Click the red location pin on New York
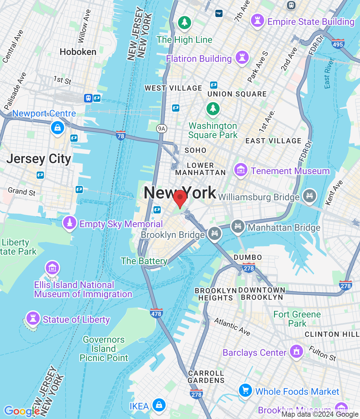[180, 198]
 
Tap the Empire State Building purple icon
[257, 21]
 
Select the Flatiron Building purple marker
[242, 58]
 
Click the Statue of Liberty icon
[33, 318]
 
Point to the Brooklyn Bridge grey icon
[215, 234]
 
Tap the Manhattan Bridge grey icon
[238, 227]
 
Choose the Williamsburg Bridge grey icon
[309, 196]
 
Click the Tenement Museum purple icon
[241, 170]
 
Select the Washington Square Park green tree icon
[213, 108]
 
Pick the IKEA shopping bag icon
[159, 405]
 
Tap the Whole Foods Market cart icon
[245, 390]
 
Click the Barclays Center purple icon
[297, 352]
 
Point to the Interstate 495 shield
[337, 44]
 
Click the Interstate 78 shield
[121, 135]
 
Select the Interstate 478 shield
[156, 313]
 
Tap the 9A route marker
[162, 129]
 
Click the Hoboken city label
[78, 52]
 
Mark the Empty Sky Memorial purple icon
[69, 223]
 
